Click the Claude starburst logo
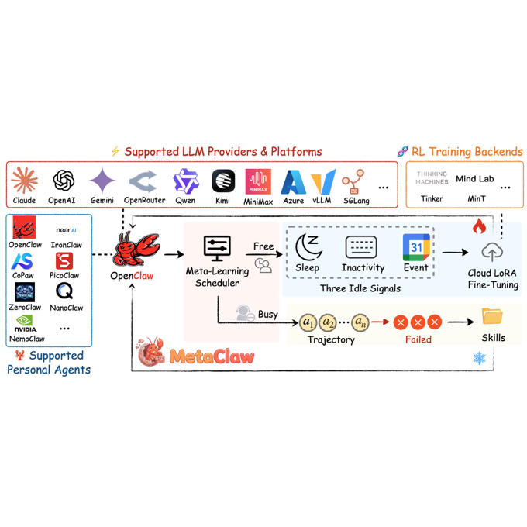pyautogui.click(x=24, y=181)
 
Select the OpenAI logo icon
pyautogui.click(x=64, y=181)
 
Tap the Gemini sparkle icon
pyautogui.click(x=102, y=181)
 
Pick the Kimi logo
pyautogui.click(x=223, y=181)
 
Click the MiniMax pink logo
pyautogui.click(x=258, y=181)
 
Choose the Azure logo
pyautogui.click(x=294, y=181)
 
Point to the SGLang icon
pyautogui.click(x=353, y=181)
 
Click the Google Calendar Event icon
pyautogui.click(x=416, y=248)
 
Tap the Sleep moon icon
pyautogui.click(x=308, y=248)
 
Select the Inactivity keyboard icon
pyautogui.click(x=362, y=248)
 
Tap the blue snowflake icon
pyautogui.click(x=480, y=358)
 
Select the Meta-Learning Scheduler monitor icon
pyautogui.click(x=216, y=249)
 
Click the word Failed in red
pyautogui.click(x=418, y=339)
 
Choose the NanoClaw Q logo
pyautogui.click(x=65, y=291)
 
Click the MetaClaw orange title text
pyautogui.click(x=212, y=356)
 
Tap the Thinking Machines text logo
pyautogui.click(x=432, y=177)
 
